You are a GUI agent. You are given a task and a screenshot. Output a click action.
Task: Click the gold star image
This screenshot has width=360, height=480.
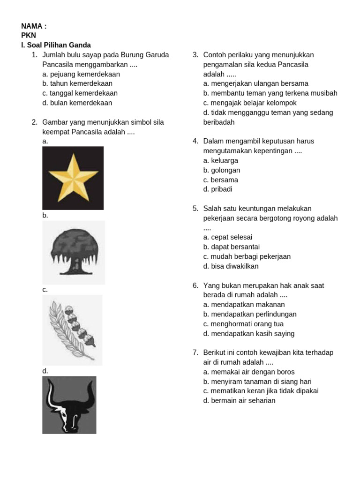click(73, 178)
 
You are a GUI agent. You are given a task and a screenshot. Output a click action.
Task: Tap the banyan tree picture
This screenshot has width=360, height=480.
click(74, 252)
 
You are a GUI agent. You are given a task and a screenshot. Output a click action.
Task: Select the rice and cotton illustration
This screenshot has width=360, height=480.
click(72, 330)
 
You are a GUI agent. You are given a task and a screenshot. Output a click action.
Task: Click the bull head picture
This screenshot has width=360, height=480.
click(69, 405)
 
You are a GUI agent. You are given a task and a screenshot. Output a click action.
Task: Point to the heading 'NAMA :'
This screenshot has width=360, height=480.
click(34, 26)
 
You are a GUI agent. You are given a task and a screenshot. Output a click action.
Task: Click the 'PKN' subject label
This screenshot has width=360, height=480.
click(29, 36)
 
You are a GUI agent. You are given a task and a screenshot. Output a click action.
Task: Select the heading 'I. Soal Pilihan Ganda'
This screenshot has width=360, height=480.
click(56, 45)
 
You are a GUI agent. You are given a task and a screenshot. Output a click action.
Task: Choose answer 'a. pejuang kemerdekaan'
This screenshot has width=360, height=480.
click(81, 74)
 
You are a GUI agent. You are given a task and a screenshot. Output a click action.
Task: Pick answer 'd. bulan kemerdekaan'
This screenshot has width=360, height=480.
click(77, 103)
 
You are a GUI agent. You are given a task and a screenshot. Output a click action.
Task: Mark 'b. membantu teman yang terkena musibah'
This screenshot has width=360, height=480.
click(270, 93)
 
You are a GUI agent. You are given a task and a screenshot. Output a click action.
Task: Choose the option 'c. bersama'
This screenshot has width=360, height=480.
click(220, 180)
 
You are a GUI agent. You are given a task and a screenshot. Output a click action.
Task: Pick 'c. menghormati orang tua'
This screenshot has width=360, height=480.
click(243, 324)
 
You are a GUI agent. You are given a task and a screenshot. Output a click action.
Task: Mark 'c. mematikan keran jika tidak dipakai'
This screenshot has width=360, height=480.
click(261, 391)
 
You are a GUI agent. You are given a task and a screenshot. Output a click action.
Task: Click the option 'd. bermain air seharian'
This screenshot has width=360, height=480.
click(239, 401)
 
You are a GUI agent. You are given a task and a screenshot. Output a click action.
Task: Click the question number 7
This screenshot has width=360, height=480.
click(195, 352)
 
